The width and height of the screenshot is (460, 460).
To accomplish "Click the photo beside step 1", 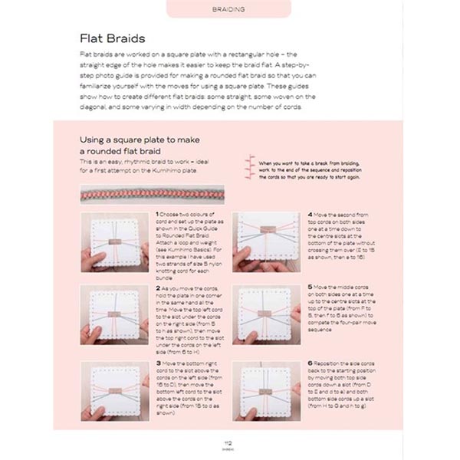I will point(116,245).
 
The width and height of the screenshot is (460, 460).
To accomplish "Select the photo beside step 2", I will point(116,315).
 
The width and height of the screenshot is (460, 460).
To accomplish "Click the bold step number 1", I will point(157,214).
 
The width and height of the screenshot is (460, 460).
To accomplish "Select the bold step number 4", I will point(310,214).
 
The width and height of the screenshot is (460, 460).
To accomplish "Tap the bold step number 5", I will point(310,286).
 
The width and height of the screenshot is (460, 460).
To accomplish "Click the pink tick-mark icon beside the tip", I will point(249,164).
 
